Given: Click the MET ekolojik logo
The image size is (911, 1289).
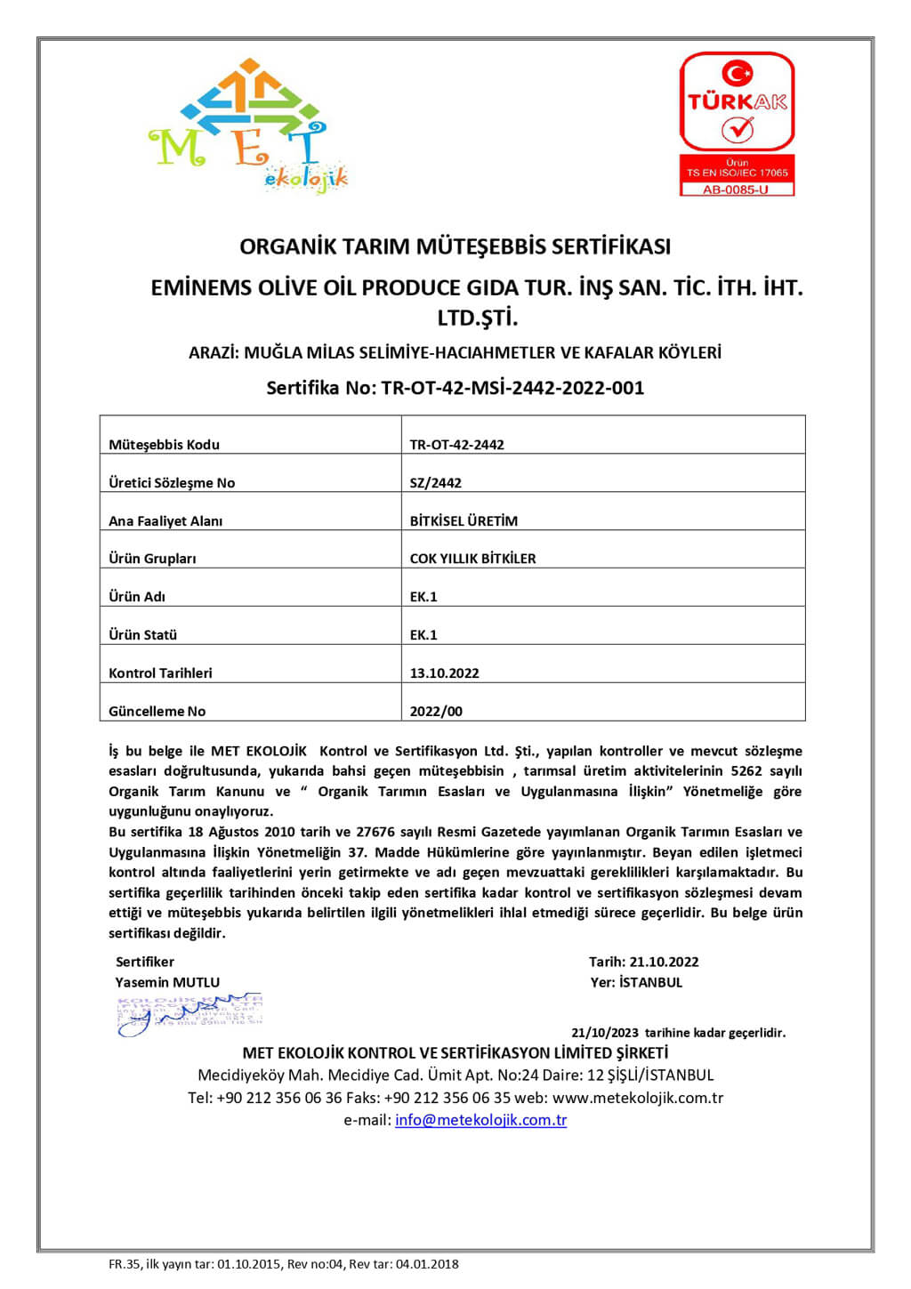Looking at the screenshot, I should [247, 125].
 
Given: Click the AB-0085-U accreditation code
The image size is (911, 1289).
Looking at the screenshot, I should [736, 189].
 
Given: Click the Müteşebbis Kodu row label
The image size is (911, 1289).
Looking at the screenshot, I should [164, 445].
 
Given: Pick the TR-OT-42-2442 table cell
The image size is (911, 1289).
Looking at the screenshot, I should [456, 445].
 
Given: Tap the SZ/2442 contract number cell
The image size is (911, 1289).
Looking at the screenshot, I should [435, 483].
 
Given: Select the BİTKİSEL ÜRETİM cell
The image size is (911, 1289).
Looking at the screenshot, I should [464, 521].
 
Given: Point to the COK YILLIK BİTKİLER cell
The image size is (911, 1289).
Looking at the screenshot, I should [472, 559].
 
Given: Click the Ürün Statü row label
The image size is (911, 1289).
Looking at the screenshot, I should [142, 635].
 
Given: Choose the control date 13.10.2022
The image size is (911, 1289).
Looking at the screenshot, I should [444, 673].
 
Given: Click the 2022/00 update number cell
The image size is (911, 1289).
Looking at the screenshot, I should [436, 712].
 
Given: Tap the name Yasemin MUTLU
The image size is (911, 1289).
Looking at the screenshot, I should [167, 982].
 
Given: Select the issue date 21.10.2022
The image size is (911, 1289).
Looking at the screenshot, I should [664, 962].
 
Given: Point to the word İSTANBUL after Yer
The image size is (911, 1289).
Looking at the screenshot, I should [650, 982].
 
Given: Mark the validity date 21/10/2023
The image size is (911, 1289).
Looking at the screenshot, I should [605, 1033].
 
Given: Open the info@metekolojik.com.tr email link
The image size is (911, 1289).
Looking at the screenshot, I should [480, 1120].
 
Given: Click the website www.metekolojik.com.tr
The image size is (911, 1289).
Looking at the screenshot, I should [637, 1098].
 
